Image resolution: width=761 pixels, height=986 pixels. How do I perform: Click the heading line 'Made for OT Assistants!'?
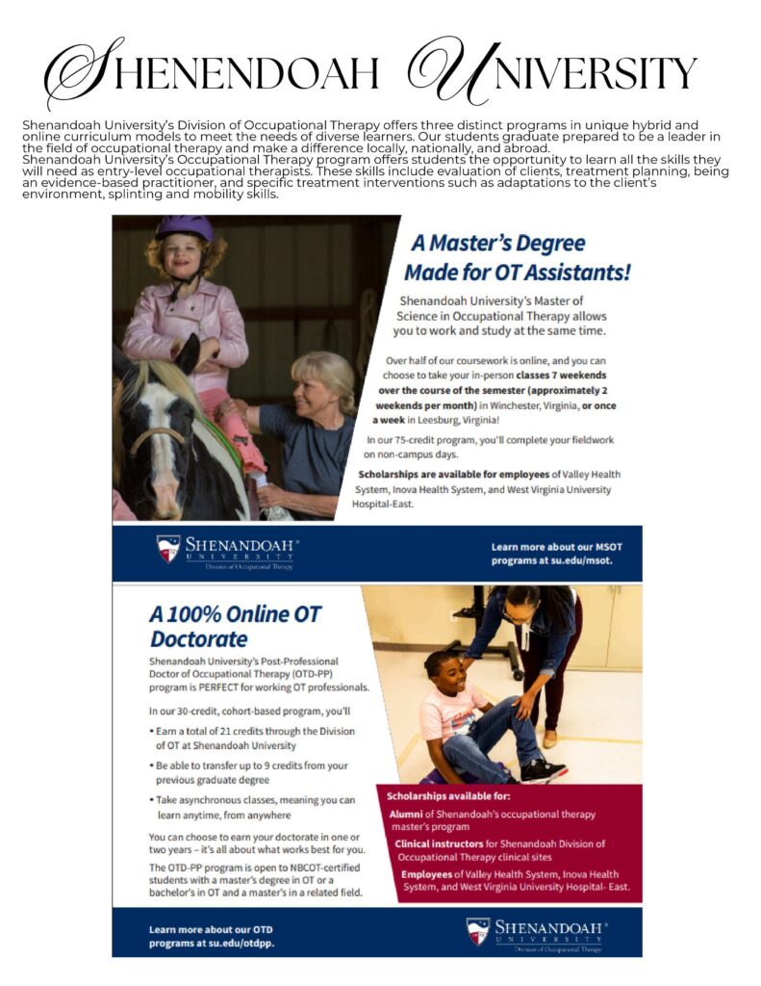coord(517,272)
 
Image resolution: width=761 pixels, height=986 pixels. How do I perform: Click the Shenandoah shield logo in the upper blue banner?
coord(168,549)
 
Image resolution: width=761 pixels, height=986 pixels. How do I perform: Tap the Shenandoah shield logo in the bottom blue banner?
coord(478,930)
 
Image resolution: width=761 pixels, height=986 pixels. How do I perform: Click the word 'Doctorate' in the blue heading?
coord(198,638)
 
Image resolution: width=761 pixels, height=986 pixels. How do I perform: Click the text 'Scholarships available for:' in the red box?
coord(447,797)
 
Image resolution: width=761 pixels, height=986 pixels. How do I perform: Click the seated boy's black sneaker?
coord(543,770)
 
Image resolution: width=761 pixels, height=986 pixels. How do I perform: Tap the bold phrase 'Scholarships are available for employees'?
coord(446,475)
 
